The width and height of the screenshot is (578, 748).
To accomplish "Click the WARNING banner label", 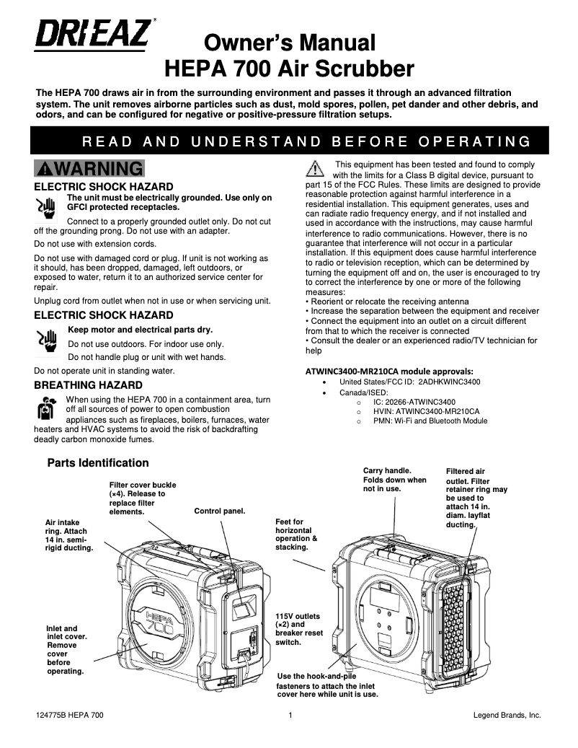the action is tap(89, 169).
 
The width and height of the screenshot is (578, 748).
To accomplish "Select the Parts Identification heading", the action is tap(98, 462).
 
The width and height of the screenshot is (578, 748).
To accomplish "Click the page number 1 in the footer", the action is tap(289, 716).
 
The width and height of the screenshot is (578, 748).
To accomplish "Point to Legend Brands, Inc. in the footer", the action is tap(507, 716).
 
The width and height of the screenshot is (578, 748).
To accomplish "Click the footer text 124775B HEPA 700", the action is tap(70, 716).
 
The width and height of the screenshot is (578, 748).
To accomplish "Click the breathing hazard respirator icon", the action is tap(47, 408).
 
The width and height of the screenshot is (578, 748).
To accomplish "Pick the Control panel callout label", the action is tap(220, 511).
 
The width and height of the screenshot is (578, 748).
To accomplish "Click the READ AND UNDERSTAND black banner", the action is tap(288, 140).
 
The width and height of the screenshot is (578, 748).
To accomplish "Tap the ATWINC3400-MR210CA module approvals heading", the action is tap(388, 371).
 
